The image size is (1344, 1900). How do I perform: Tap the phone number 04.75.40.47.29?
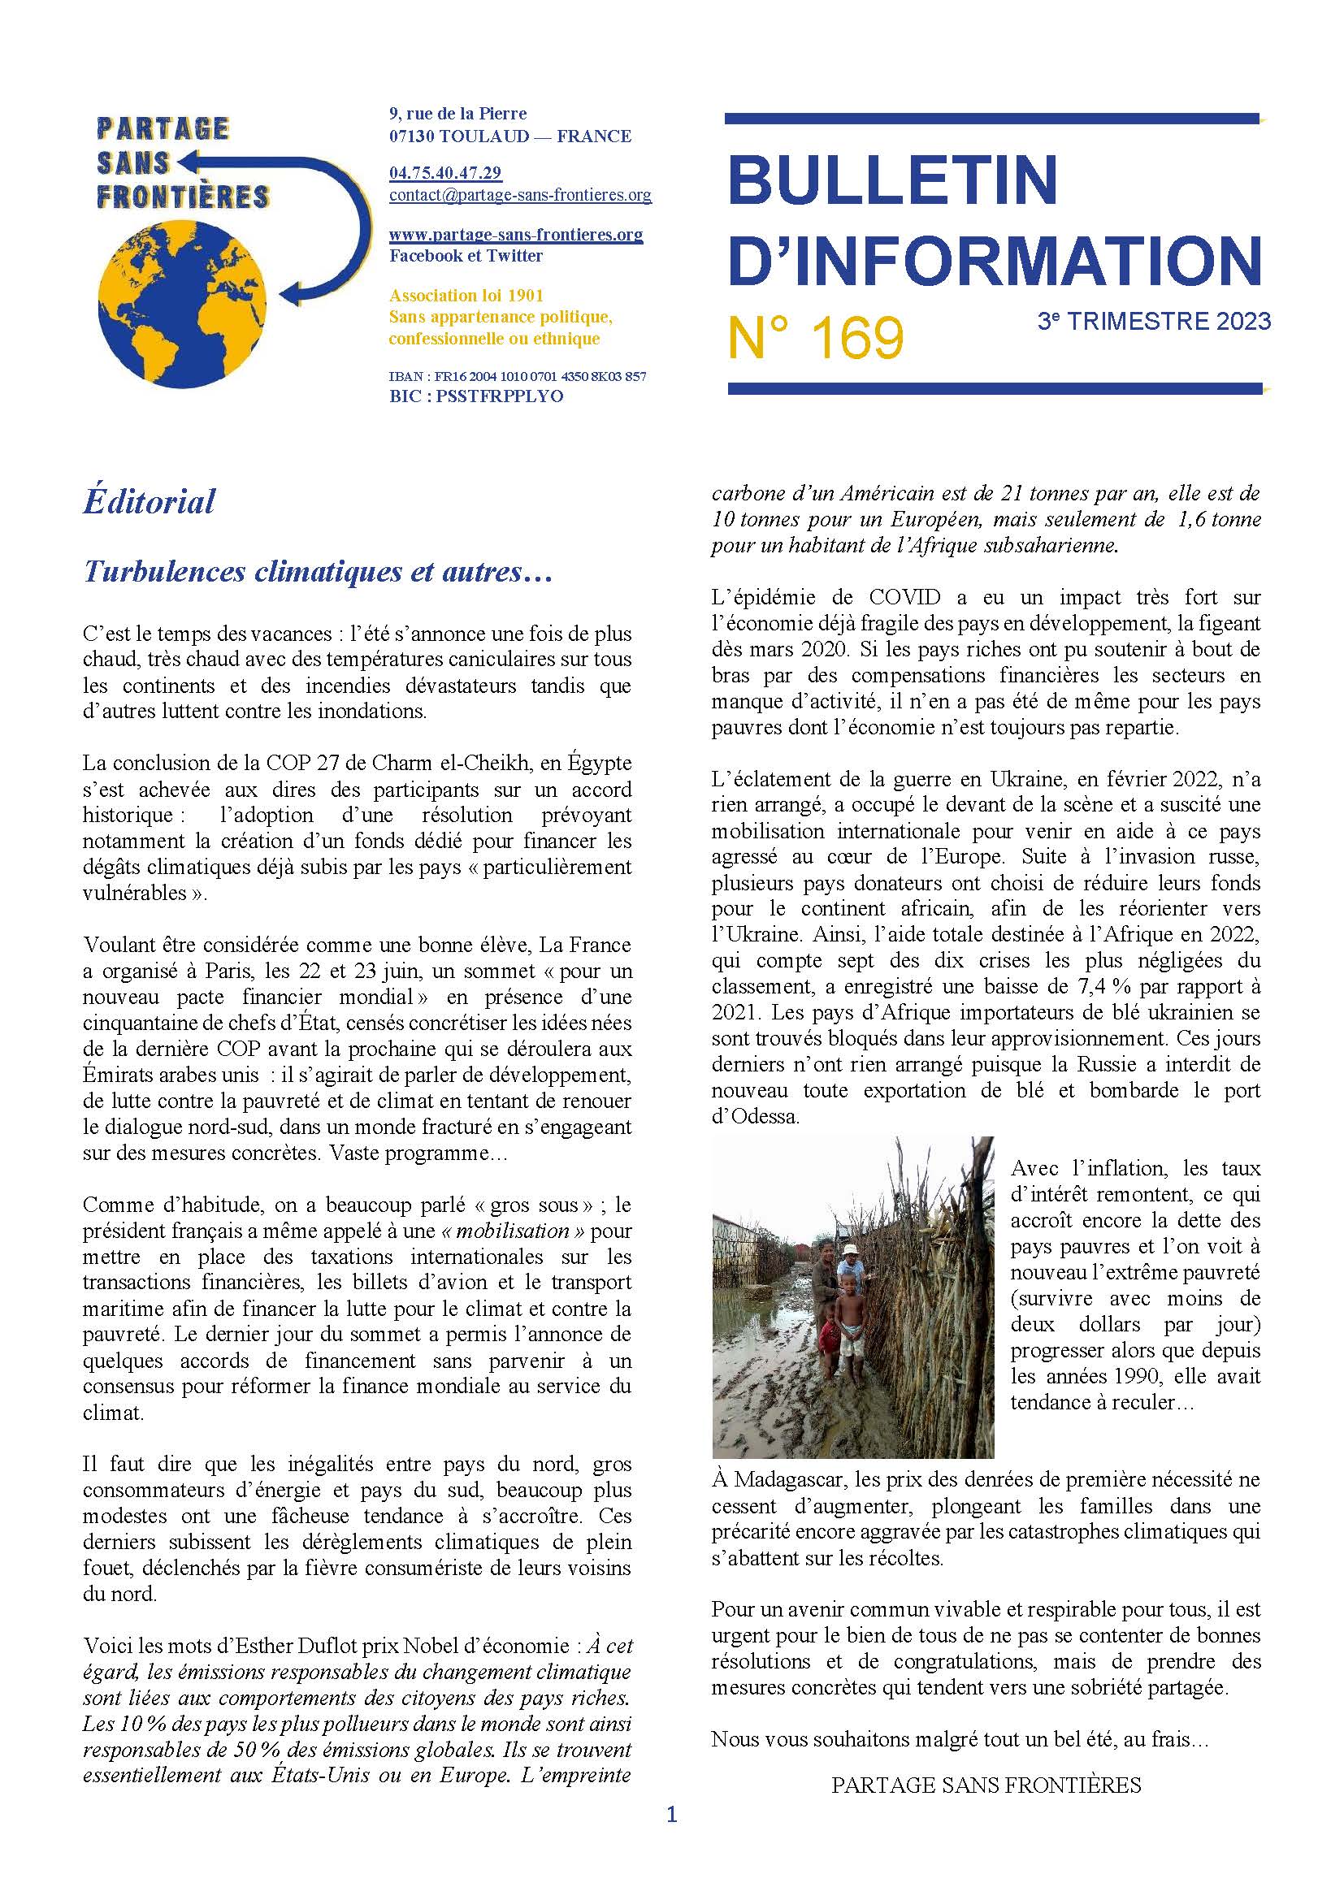coord(445,173)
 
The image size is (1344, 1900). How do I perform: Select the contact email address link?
coord(520,195)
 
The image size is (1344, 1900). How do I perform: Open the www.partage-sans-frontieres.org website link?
coord(516,234)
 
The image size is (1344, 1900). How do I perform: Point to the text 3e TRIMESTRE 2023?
coord(1154,322)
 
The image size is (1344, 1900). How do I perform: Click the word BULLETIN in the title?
coord(894,179)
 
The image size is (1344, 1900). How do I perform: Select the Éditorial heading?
coord(149,501)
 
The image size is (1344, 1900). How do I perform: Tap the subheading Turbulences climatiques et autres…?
coord(318,572)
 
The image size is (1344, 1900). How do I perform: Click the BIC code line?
coord(476,396)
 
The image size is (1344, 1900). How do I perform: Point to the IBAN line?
coord(518,377)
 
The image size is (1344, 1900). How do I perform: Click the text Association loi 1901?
coord(466,296)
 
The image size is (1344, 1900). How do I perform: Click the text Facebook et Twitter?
coord(466,256)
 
